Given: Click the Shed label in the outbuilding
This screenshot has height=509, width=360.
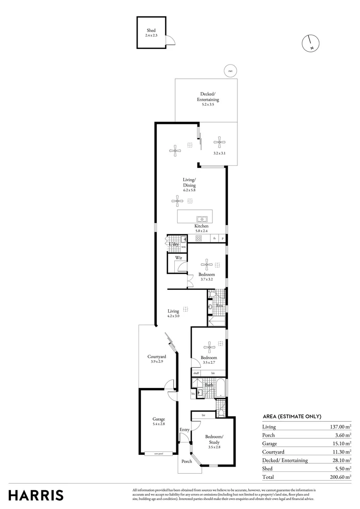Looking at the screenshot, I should pos(151,31).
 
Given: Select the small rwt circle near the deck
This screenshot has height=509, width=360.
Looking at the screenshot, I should pos(230,71).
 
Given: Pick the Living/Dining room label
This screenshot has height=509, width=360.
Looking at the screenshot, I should pos(189,182).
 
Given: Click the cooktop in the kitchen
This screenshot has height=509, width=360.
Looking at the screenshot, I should pos(199,238).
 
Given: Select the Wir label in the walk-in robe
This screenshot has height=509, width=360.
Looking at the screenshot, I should pos(179,258).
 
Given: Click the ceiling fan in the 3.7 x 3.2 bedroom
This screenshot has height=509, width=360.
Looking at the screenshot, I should pos(207,264).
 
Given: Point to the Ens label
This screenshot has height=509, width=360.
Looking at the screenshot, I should pos(219,305).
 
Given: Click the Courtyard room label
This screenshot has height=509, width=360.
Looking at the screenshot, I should pos(156,357).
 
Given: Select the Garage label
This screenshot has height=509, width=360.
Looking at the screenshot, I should pos(158,419).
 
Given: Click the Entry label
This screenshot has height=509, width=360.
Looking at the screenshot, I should pos(184,429).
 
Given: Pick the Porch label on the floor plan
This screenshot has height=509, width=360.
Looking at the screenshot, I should pos(187,461).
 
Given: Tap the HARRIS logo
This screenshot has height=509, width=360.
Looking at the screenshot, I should pos(36,495).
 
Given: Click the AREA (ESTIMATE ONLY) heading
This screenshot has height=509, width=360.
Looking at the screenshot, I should pos(292,416).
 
